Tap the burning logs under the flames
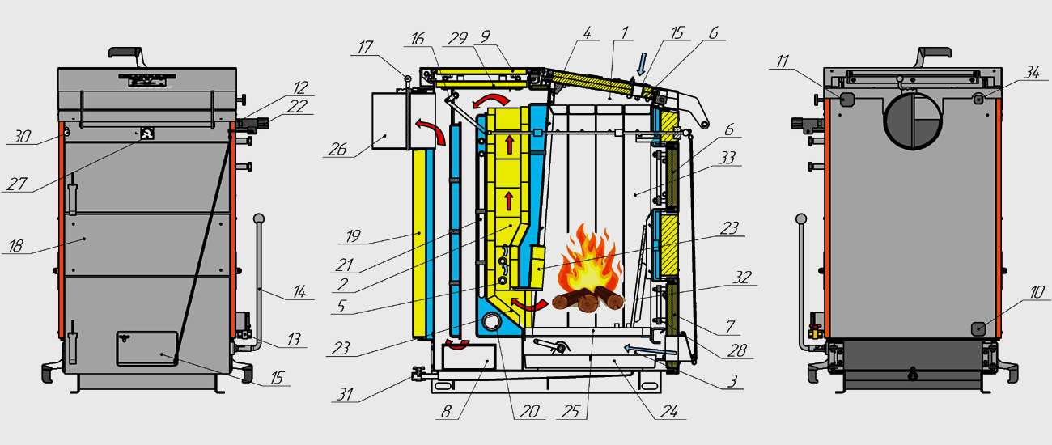[589, 303]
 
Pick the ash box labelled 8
[468, 356]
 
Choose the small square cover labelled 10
[978, 328]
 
